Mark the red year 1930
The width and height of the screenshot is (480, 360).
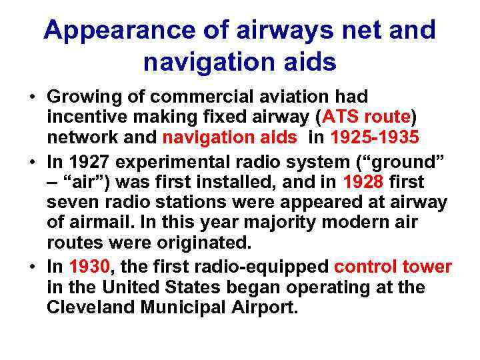point(89,267)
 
